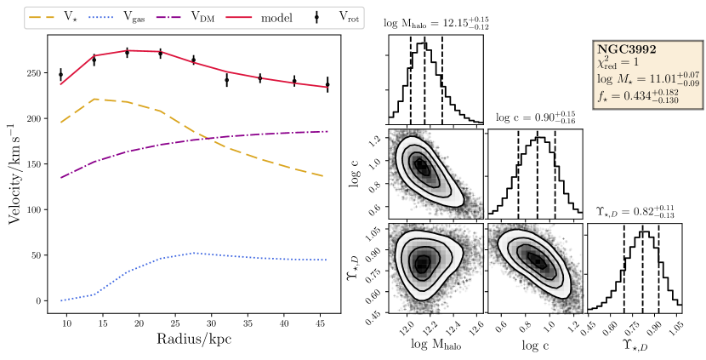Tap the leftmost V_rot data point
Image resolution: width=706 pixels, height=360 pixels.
pyautogui.click(x=60, y=75)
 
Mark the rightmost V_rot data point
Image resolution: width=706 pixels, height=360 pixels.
pyautogui.click(x=327, y=85)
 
